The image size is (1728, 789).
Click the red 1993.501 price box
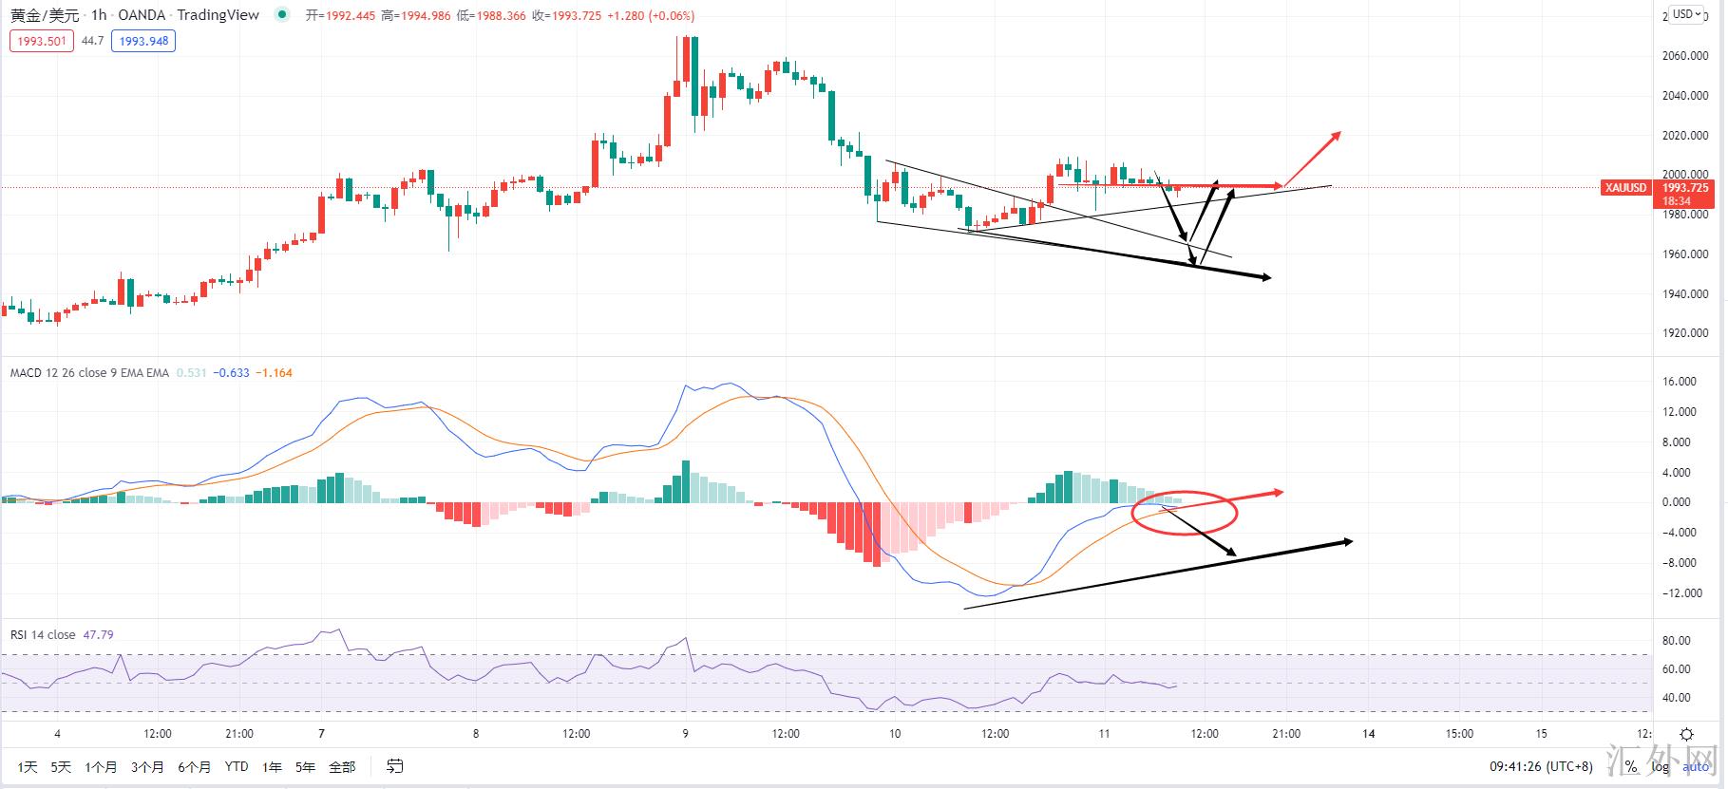coord(42,41)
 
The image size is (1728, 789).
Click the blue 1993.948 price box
coord(143,41)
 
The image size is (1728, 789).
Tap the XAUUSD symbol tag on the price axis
coord(1625,188)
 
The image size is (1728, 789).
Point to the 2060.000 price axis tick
coord(1685,56)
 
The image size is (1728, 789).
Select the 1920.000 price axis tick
coord(1685,333)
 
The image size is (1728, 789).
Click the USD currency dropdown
coord(1687,14)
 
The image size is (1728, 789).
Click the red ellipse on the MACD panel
coord(1185,513)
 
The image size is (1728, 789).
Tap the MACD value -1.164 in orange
coord(276,373)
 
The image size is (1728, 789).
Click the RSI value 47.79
coord(98,635)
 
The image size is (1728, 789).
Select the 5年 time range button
coord(305,766)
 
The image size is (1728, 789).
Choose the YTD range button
coord(237,766)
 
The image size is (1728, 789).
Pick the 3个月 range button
coord(147,766)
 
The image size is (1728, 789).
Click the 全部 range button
coord(342,766)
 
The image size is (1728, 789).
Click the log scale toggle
coord(1660,766)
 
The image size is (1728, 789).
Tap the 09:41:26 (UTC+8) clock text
coord(1541,766)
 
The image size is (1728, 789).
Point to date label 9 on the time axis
coord(685,733)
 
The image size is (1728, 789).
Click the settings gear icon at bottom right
coord(1686,734)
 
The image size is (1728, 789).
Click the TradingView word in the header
coord(218,15)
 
